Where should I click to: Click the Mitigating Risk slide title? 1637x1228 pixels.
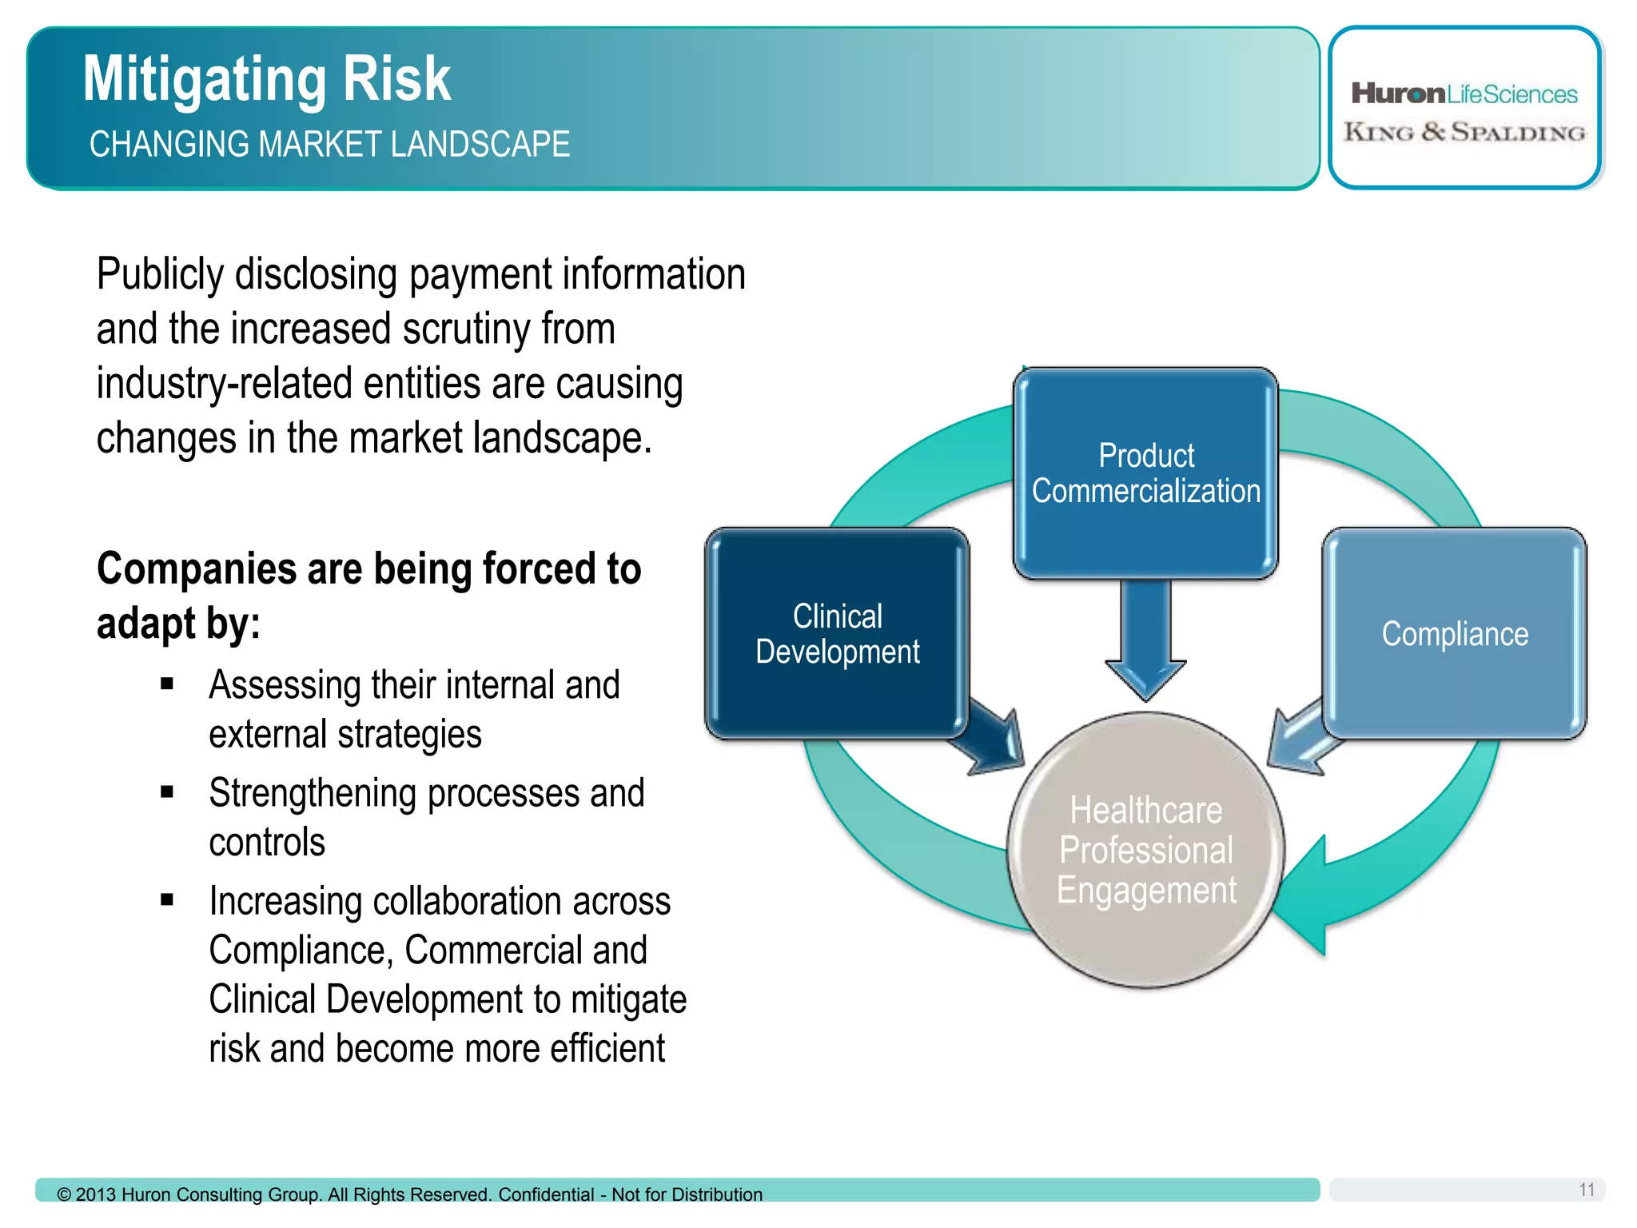(267, 79)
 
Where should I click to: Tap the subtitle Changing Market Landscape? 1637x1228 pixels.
(329, 145)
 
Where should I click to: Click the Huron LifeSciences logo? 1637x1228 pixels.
(1464, 94)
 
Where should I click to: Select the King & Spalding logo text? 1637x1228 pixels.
(1464, 132)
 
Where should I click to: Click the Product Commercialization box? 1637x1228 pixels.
(1145, 473)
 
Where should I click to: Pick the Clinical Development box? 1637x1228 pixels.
(837, 633)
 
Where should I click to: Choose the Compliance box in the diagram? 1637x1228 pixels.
(1454, 633)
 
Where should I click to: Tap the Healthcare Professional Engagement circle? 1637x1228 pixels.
(1145, 850)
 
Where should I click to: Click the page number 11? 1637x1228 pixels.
(1587, 1190)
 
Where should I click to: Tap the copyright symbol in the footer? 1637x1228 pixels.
(64, 1195)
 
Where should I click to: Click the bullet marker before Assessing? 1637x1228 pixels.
(167, 684)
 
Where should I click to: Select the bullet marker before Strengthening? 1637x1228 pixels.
(167, 792)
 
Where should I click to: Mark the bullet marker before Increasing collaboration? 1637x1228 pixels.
(167, 900)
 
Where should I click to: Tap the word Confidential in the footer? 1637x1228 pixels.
(546, 1194)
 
